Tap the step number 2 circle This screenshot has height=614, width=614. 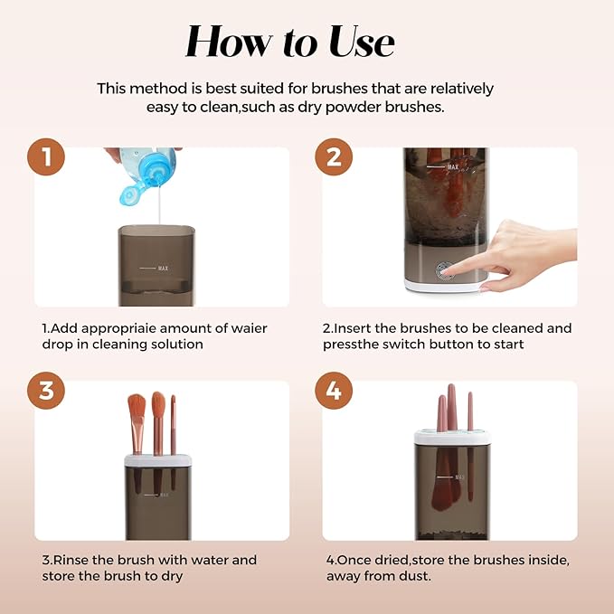[334, 157]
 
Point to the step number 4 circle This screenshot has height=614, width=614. [334, 391]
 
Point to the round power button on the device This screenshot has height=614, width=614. [444, 269]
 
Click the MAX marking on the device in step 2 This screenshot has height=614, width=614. [452, 167]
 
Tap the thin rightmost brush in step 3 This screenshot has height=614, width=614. [173, 425]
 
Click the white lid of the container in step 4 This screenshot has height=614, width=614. [451, 438]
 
